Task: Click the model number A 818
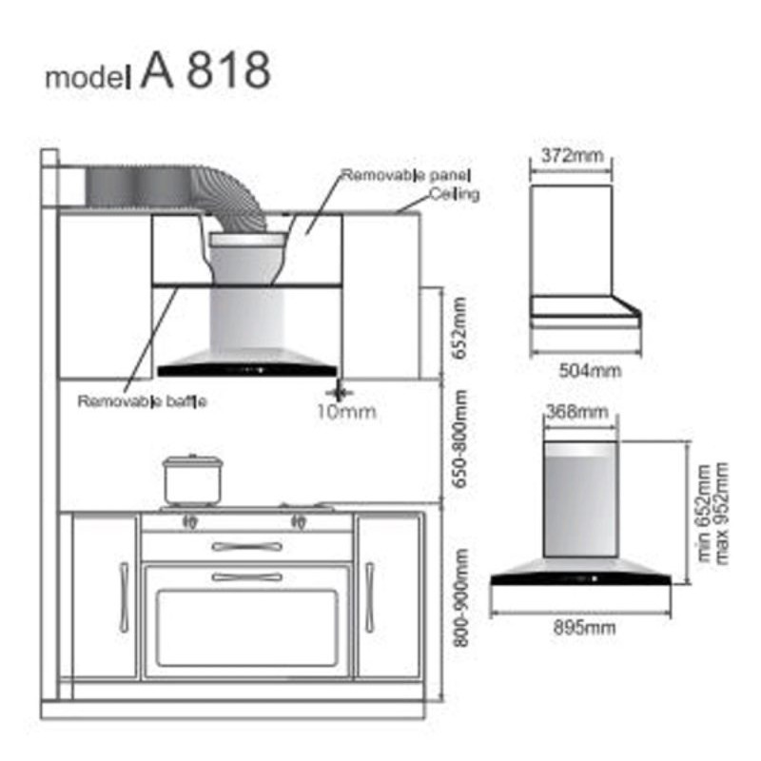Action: tap(205, 70)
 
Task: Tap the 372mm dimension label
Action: tap(573, 156)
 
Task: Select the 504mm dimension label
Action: tap(590, 371)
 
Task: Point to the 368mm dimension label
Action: tap(577, 412)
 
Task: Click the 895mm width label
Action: tap(584, 628)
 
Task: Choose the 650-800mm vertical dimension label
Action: tap(459, 439)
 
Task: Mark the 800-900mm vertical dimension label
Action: tap(460, 598)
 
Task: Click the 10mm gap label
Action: tap(346, 412)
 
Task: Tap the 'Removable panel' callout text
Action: tap(406, 175)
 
